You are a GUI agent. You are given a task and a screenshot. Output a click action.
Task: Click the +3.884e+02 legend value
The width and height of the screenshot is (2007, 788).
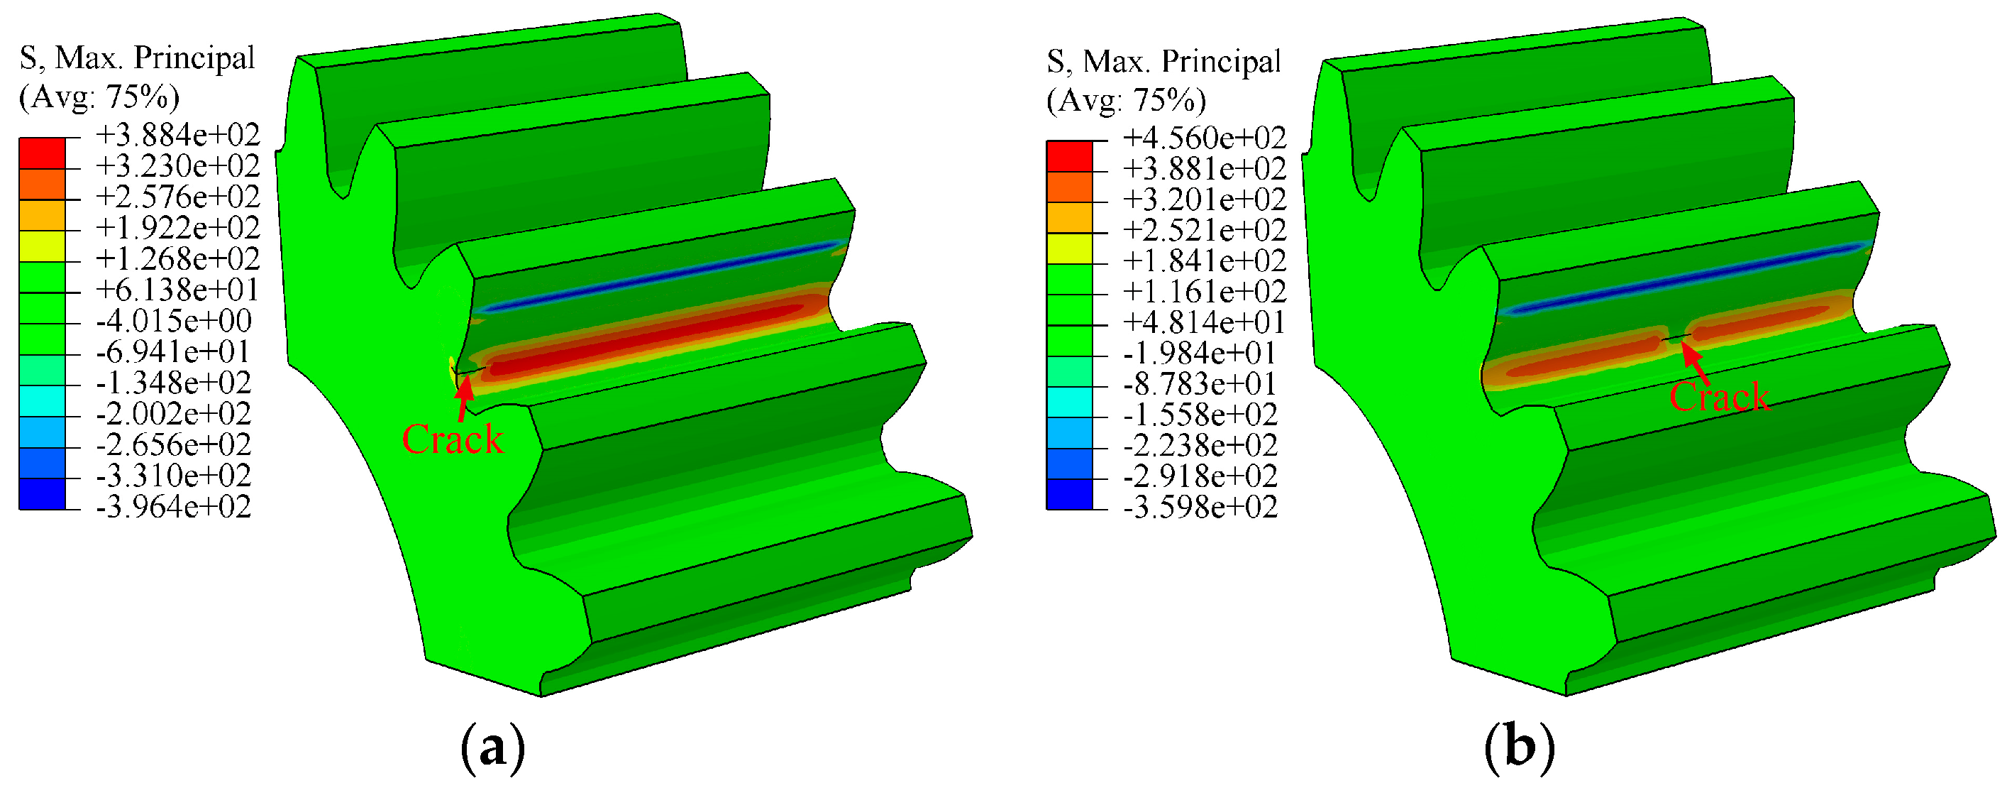(177, 135)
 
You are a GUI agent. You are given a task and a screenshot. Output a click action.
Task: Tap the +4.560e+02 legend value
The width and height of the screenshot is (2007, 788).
(1204, 138)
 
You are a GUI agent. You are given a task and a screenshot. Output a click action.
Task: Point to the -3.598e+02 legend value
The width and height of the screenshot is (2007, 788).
(1200, 508)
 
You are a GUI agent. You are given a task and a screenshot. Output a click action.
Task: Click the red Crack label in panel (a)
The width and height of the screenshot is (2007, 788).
(453, 439)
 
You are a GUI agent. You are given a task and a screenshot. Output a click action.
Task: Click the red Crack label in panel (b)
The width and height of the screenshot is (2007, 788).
(1719, 397)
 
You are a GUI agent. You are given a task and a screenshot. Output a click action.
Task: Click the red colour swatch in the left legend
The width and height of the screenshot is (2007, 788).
(42, 153)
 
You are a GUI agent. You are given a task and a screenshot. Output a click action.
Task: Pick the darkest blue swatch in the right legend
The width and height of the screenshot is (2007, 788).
(1069, 494)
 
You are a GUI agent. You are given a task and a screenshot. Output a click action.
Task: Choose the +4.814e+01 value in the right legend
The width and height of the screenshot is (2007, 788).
(1204, 322)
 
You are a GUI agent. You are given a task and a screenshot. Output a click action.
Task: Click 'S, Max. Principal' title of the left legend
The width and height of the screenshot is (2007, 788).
(137, 58)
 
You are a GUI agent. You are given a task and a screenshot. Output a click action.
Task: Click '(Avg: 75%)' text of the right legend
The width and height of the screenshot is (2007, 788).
(1126, 100)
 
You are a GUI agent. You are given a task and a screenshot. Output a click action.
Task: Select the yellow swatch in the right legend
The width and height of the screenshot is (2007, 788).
(1069, 248)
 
